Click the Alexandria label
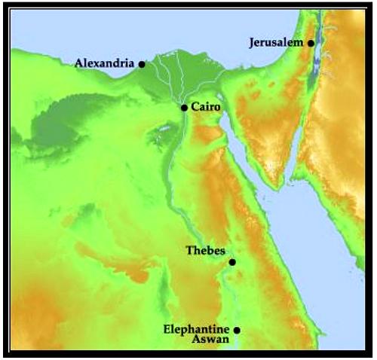105,63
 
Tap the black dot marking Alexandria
142,65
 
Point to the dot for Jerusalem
311,44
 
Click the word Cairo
206,108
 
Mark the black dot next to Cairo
184,108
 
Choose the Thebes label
205,251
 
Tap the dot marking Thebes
232,262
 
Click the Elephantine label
197,329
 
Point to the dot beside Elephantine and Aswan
237,330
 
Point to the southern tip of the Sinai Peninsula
280,185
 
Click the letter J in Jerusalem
252,43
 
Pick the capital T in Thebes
189,251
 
